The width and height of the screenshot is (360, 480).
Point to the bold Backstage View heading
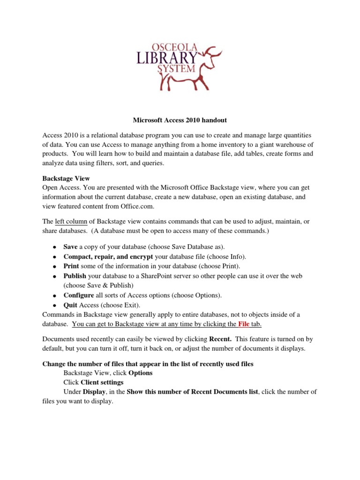(66, 179)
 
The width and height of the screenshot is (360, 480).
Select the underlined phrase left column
(71, 221)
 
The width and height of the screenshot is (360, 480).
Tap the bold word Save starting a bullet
(70, 247)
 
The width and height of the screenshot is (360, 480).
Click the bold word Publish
(75, 276)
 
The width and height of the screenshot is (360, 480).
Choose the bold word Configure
(78, 295)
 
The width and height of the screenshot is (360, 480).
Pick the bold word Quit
(70, 305)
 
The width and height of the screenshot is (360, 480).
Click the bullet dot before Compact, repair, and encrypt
(54, 257)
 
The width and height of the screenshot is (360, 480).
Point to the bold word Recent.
(220, 338)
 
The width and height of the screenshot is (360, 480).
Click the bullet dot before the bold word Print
(54, 266)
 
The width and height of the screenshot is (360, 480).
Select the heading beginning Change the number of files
(148, 364)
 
